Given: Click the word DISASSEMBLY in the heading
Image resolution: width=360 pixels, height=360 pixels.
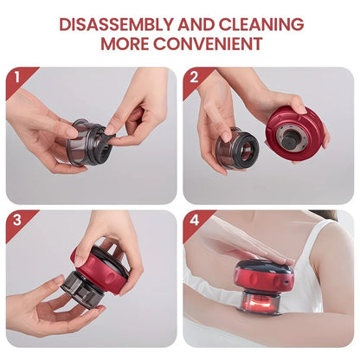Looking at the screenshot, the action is (x=116, y=24).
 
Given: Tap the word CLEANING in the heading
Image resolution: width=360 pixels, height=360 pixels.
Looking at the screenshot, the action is (x=261, y=24).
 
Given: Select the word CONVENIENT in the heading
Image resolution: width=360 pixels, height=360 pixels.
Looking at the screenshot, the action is (x=208, y=44).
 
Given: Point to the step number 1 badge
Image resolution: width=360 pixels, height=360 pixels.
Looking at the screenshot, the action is (x=17, y=78).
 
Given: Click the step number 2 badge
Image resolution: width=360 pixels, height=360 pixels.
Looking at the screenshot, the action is (x=194, y=78).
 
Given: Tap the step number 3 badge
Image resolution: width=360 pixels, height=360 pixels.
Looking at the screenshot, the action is (x=17, y=220).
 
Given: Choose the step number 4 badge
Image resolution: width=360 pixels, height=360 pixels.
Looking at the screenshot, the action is (x=194, y=221).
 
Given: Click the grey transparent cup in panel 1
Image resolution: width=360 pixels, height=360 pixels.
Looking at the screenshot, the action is (x=86, y=142).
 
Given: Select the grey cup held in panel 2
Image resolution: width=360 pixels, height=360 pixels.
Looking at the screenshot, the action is (x=236, y=149).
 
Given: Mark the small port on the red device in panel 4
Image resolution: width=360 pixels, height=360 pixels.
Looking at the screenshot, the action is (x=286, y=280).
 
